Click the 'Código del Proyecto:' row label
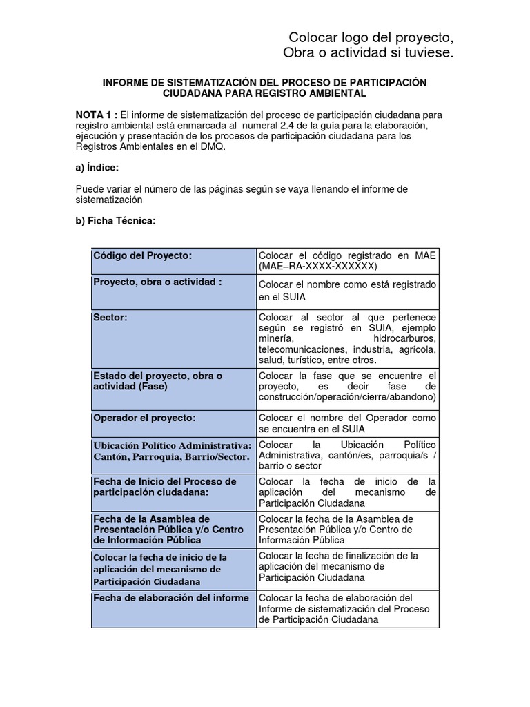point(142,255)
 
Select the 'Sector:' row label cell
point(110,317)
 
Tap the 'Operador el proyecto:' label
point(144,418)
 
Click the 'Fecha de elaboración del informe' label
point(170,598)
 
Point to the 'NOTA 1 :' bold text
point(97,115)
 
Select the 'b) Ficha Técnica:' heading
point(115,221)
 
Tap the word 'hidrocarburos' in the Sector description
point(404,339)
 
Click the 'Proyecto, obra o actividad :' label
point(157,282)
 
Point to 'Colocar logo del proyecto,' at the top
point(371,37)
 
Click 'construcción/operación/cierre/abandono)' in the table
point(347,398)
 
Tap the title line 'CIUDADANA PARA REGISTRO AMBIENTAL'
point(264,93)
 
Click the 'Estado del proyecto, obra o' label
point(158,376)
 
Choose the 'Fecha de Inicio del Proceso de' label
point(165,481)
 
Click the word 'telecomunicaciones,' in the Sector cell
point(302,349)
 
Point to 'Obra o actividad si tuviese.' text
point(369,54)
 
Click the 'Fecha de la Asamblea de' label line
point(152,519)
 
